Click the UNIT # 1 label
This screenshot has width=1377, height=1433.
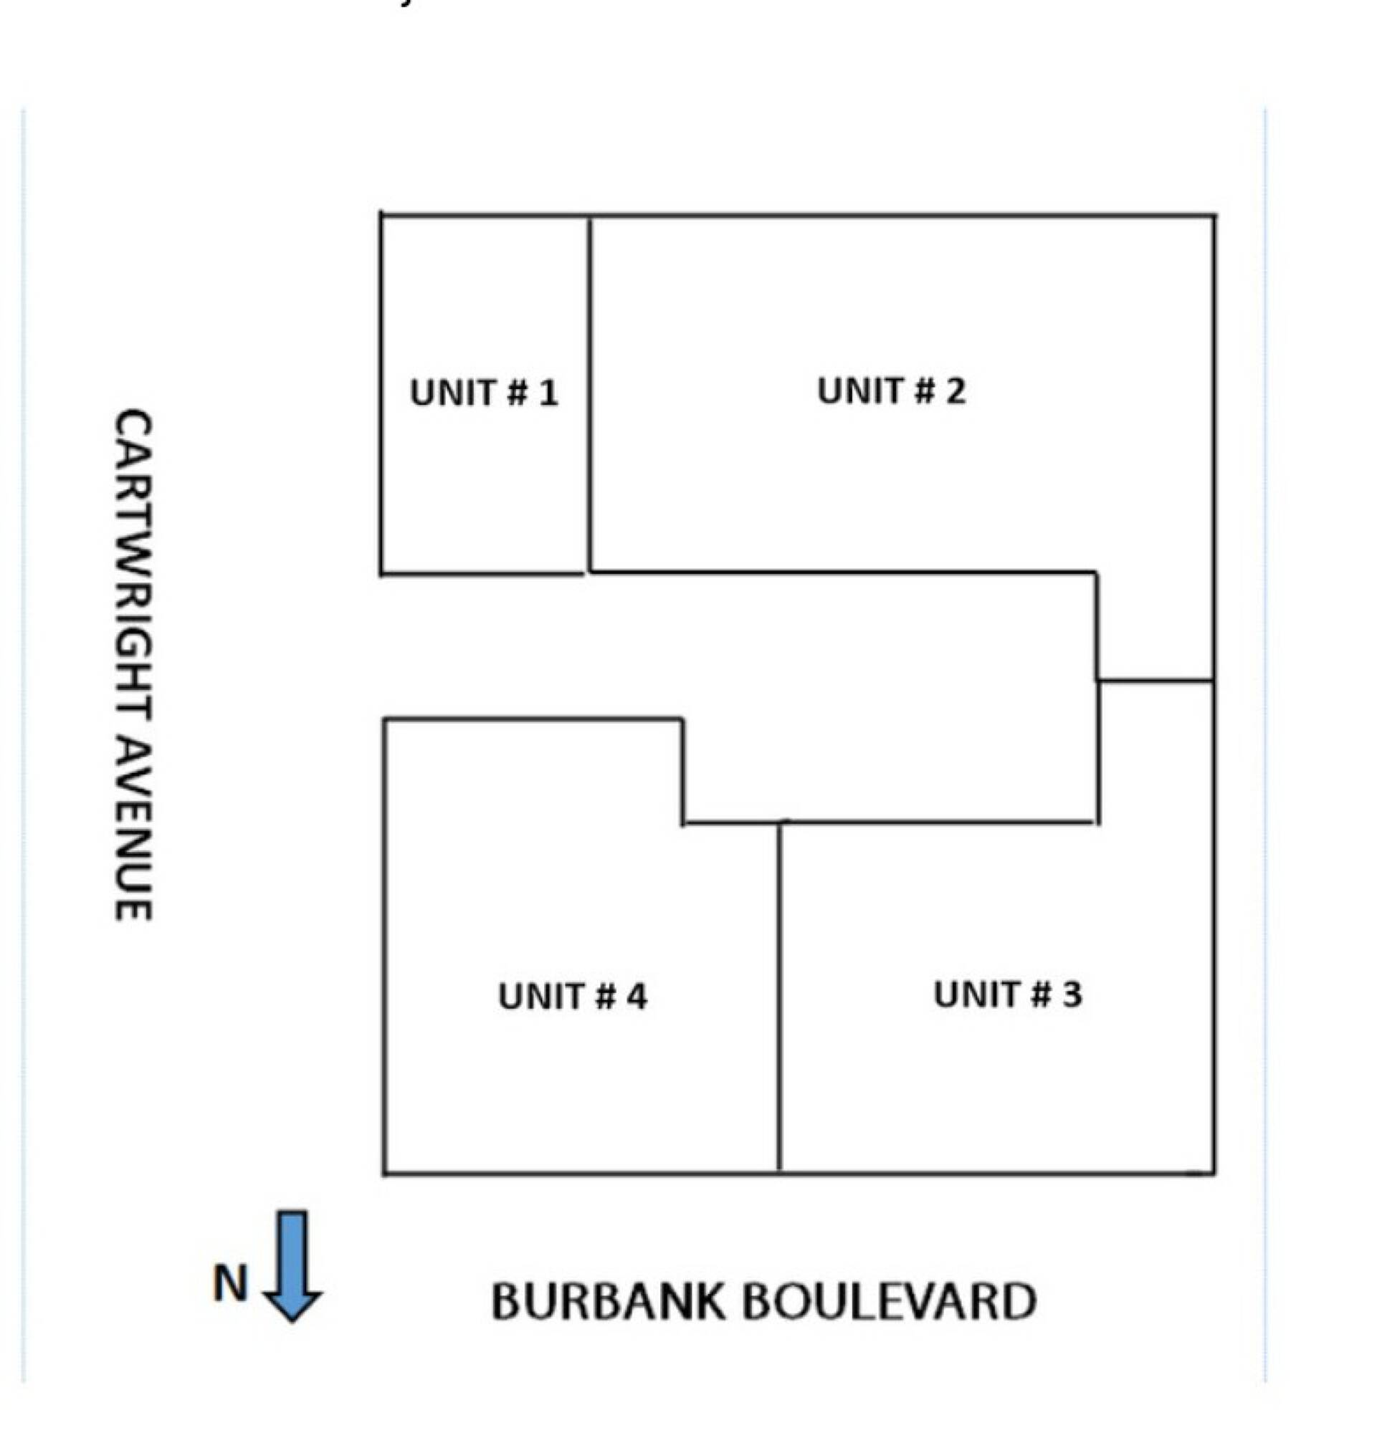484,393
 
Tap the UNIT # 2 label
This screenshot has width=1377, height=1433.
892,390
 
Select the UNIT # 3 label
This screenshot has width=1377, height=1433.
1008,995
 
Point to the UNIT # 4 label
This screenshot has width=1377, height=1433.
573,996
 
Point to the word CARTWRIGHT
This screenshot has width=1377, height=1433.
134,570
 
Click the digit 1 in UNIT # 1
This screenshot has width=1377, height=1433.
549,393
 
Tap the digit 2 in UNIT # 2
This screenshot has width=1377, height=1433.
956,390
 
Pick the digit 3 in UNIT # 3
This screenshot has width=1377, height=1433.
1072,995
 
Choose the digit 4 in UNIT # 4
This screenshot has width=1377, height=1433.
637,996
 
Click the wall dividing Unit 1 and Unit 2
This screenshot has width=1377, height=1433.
590,394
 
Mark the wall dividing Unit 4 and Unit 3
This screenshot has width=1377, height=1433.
780,997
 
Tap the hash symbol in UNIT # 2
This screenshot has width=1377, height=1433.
925,390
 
